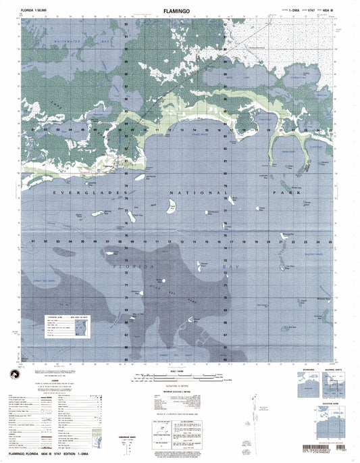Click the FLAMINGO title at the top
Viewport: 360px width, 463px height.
click(180, 11)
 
